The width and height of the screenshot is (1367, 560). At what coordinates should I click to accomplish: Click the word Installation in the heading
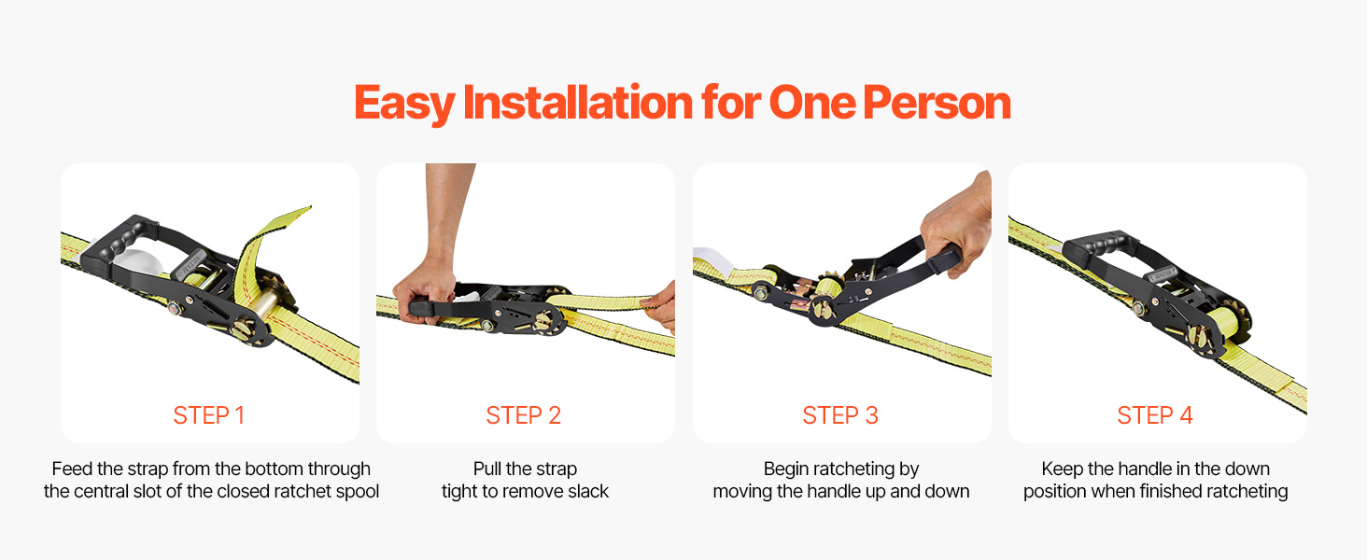point(577,103)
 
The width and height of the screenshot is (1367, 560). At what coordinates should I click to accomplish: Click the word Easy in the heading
point(404,105)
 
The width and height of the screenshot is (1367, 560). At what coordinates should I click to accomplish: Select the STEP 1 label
point(209,415)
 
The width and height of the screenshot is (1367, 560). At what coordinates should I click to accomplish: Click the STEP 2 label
point(523,415)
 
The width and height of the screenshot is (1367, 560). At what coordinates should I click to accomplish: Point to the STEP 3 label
point(840,415)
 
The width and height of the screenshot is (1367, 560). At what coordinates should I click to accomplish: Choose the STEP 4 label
point(1155,415)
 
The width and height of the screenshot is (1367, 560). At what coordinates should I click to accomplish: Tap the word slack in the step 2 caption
point(587,491)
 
